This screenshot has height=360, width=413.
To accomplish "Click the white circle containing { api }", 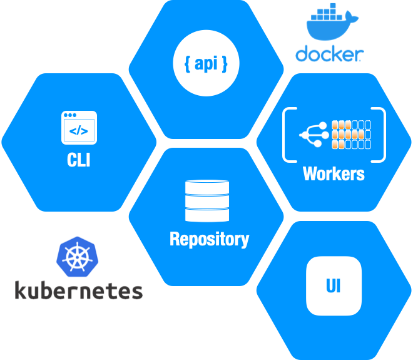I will (206, 64).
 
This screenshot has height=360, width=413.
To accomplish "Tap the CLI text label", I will (79, 160).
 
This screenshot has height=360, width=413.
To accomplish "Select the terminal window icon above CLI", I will (79, 128).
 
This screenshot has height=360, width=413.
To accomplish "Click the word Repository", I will (209, 239).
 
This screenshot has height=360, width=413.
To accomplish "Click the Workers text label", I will (334, 173).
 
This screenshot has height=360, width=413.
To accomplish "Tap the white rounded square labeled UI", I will (334, 287).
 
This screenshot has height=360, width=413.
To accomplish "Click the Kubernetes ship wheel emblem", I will (78, 257).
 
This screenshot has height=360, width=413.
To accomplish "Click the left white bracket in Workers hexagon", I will (288, 135).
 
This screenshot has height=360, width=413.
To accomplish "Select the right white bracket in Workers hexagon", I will (381, 135).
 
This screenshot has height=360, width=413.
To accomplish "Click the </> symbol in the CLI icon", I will (79, 131).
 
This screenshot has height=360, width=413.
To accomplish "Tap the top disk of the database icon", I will (207, 187).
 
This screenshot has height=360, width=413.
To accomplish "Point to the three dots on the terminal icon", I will (69, 116).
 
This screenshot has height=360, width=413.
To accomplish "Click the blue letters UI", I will (334, 287).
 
